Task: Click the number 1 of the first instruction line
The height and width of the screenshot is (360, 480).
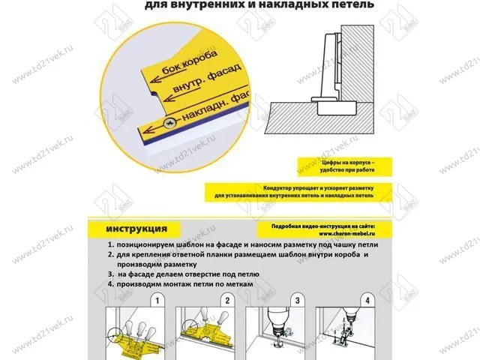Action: click(x=110, y=245)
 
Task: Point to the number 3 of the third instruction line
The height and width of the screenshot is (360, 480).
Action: click(x=110, y=274)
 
